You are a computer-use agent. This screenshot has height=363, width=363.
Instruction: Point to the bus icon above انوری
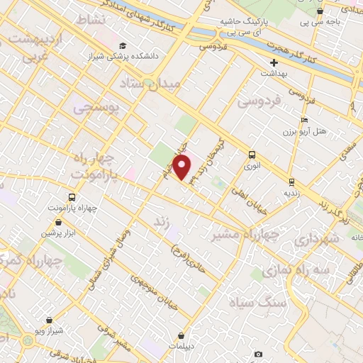252,154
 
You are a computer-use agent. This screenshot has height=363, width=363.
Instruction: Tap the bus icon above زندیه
292,181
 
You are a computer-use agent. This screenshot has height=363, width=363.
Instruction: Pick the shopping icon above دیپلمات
182,335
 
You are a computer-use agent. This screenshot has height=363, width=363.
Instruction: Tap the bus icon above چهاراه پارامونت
71,197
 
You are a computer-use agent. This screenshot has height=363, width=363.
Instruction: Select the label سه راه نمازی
293,271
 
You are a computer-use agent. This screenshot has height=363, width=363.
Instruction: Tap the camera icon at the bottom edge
258,354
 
